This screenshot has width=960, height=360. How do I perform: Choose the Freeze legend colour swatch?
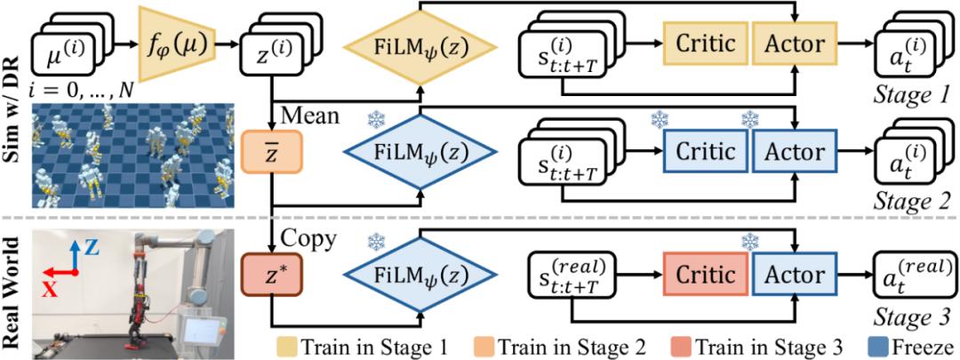coord(876,343)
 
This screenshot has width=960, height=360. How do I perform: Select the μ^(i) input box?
coord(65,52)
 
